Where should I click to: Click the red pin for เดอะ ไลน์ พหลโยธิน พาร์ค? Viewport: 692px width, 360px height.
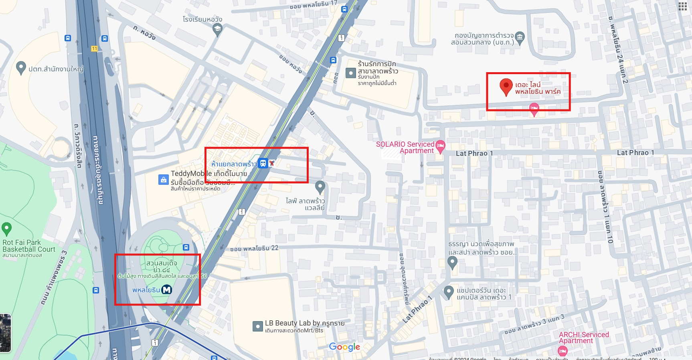pyautogui.click(x=506, y=86)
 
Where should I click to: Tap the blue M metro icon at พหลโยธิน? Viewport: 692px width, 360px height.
pyautogui.click(x=166, y=289)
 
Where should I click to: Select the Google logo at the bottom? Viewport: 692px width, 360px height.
pyautogui.click(x=344, y=347)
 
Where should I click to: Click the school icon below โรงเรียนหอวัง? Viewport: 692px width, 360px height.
pyautogui.click(x=217, y=29)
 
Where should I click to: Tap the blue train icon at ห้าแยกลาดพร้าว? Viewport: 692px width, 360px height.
pyautogui.click(x=263, y=163)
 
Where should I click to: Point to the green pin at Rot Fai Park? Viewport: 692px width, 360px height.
pyautogui.click(x=6, y=229)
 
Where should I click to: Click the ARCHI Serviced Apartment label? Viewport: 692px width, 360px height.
pyautogui.click(x=583, y=338)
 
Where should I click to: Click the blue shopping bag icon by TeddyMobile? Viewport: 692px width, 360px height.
pyautogui.click(x=163, y=180)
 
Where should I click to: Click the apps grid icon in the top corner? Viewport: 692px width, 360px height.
pyautogui.click(x=682, y=6)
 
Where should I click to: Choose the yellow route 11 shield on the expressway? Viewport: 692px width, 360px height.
pyautogui.click(x=94, y=49)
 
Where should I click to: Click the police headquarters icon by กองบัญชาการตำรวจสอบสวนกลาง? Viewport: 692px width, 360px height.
pyautogui.click(x=520, y=37)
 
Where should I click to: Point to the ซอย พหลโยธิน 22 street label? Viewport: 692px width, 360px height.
pyautogui.click(x=254, y=249)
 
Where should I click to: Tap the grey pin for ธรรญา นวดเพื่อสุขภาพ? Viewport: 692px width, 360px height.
pyautogui.click(x=452, y=262)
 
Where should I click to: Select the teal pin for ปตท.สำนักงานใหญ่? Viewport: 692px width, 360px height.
pyautogui.click(x=21, y=68)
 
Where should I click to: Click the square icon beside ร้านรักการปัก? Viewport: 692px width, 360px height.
pyautogui.click(x=350, y=73)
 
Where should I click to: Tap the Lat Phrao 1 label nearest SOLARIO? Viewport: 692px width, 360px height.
pyautogui.click(x=474, y=153)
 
